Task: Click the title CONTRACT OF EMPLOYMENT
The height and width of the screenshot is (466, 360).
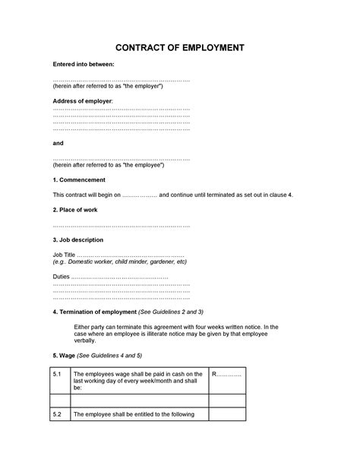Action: click(x=179, y=48)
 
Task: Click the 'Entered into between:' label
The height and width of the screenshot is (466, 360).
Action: click(x=84, y=65)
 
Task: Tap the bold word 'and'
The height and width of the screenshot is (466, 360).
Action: click(x=58, y=143)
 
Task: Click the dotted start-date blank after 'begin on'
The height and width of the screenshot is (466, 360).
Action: click(x=139, y=195)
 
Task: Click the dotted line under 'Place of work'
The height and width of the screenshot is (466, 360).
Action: click(x=122, y=225)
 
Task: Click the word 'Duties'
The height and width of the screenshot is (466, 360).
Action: click(x=61, y=277)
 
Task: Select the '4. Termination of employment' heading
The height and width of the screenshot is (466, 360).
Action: click(x=94, y=312)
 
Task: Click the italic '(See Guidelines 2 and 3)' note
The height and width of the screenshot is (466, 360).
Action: click(x=182, y=312)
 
